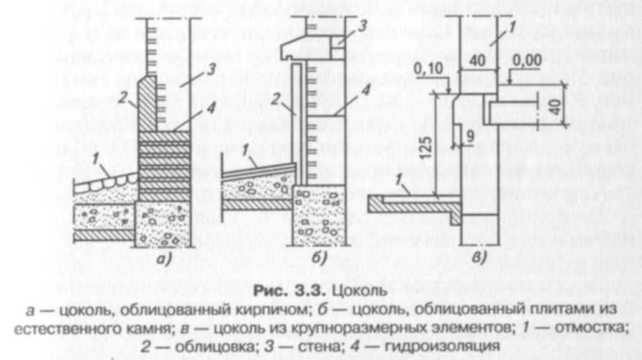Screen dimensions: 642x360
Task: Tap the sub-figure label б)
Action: point(319,257)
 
